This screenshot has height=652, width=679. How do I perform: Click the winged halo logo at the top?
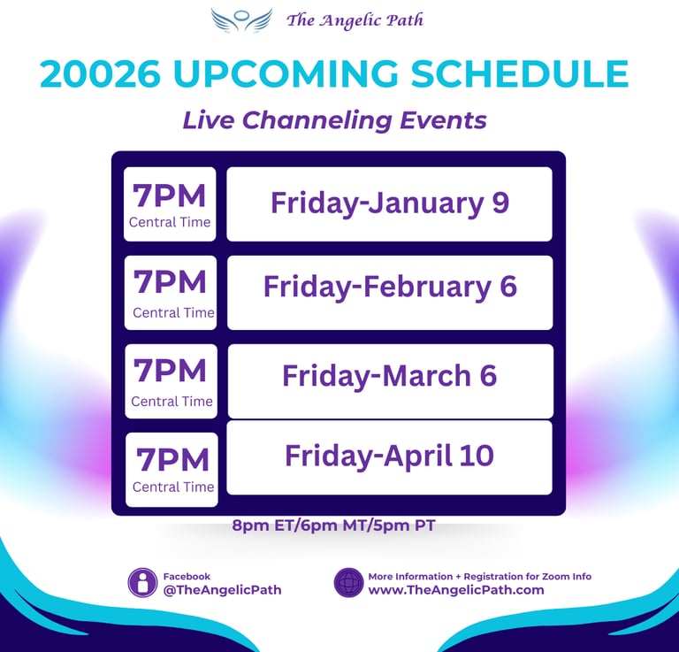click(241, 20)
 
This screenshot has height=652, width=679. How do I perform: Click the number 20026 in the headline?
click(100, 73)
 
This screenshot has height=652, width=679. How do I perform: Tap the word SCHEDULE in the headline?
click(519, 73)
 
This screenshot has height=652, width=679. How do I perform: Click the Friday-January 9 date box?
click(389, 204)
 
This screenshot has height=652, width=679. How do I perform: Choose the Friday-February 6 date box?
click(390, 293)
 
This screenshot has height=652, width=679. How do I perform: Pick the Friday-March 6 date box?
click(390, 381)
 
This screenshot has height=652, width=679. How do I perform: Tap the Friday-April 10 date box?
click(389, 457)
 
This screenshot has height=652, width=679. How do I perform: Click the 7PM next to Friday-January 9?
click(170, 196)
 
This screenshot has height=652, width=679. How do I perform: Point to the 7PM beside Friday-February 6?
click(170, 282)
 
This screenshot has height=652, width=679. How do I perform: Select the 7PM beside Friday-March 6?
click(170, 371)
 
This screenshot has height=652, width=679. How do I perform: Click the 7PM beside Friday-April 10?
click(172, 460)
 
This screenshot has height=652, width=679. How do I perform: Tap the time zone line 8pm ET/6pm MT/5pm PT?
click(333, 525)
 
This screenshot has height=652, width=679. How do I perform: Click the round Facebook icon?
click(142, 583)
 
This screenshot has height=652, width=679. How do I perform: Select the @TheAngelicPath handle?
click(222, 589)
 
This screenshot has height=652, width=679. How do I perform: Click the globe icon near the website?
click(348, 583)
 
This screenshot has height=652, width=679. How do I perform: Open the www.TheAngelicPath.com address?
click(456, 589)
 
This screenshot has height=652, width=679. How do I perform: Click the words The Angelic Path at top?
click(355, 20)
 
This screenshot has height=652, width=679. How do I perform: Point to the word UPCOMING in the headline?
click(286, 73)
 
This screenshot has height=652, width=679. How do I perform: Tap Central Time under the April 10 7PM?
click(173, 487)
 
